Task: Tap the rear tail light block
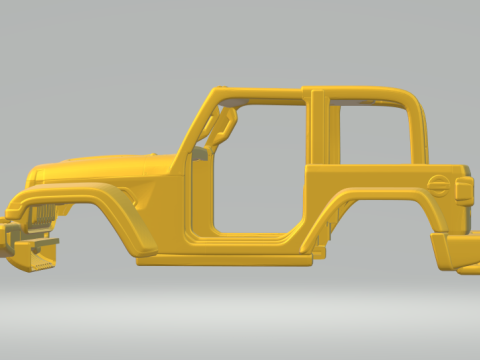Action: pos(463,191)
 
